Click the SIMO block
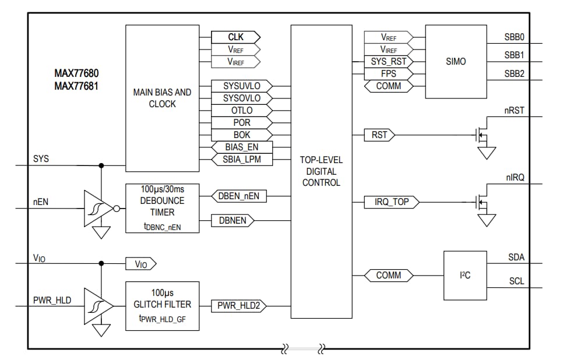pyautogui.click(x=455, y=61)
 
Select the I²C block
pyautogui.click(x=465, y=276)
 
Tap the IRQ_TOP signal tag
pyautogui.click(x=391, y=202)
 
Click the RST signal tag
pyautogui.click(x=379, y=135)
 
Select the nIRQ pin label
pyautogui.click(x=513, y=175)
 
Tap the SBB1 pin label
pyautogui.click(x=514, y=55)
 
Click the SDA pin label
pyautogui.click(x=516, y=257)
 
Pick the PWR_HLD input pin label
pyautogui.click(x=52, y=301)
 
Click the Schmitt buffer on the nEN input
pyautogui.click(x=96, y=209)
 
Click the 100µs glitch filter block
pyautogui.click(x=162, y=305)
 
